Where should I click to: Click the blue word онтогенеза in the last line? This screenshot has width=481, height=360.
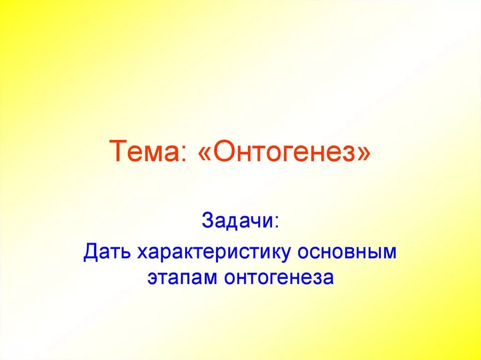tap(279, 277)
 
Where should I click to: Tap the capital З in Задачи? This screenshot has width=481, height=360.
tap(208, 220)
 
